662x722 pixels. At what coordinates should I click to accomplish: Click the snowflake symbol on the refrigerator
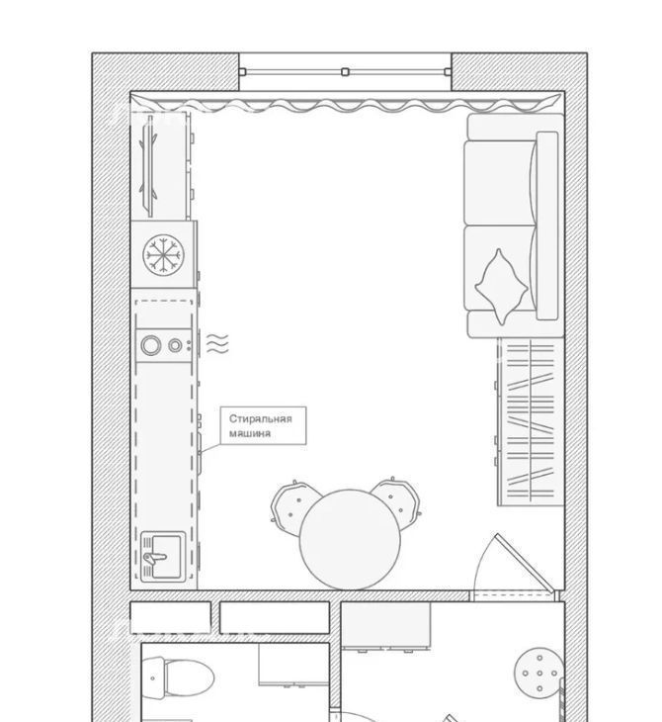click(x=163, y=255)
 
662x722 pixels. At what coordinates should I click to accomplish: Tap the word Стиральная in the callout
click(x=261, y=419)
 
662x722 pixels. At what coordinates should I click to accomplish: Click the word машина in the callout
click(x=250, y=433)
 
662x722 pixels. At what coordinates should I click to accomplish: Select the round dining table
click(x=350, y=540)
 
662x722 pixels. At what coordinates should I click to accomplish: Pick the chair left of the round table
click(x=293, y=506)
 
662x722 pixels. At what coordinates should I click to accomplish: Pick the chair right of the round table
click(x=397, y=500)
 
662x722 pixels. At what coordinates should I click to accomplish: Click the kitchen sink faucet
click(x=154, y=557)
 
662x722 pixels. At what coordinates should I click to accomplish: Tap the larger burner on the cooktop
click(x=151, y=345)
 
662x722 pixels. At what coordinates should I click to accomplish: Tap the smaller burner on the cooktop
click(x=175, y=345)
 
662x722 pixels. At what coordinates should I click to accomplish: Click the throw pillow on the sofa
click(x=501, y=287)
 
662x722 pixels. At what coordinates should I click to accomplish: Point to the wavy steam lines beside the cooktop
click(x=217, y=343)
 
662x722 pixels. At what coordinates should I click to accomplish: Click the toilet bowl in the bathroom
click(x=188, y=678)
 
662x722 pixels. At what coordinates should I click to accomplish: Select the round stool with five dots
click(x=539, y=674)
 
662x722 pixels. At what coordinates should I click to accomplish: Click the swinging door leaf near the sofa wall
click(x=524, y=563)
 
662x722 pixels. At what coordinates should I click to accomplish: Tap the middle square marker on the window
click(x=345, y=72)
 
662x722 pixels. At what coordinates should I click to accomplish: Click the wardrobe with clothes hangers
click(x=531, y=421)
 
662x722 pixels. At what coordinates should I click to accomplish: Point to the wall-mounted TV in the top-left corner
click(x=148, y=166)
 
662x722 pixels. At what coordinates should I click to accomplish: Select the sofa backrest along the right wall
click(x=547, y=226)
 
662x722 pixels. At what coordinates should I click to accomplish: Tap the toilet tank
click(x=153, y=678)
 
